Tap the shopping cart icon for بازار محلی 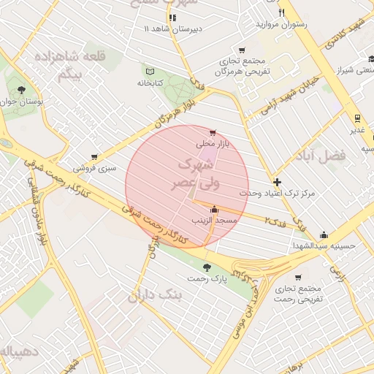coord(212,133)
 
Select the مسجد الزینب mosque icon coord(213,210)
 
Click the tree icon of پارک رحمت coord(208,267)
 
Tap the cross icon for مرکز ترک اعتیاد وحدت coord(276,182)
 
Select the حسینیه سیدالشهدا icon coord(324,234)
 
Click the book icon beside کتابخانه coord(150,72)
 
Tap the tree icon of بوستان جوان coord(20,91)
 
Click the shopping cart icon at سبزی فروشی coord(94,157)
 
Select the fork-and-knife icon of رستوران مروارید coord(281,12)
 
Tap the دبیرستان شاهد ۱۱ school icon coord(173,18)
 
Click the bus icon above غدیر coord(356,118)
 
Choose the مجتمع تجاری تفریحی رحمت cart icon coord(298,277)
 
